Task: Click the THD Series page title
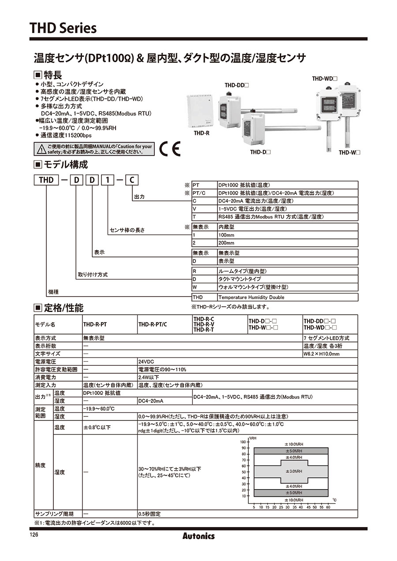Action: (x=63, y=29)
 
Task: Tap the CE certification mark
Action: (x=170, y=149)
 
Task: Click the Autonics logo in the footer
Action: (x=198, y=536)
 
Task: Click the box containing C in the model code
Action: (x=133, y=180)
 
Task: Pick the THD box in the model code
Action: (x=46, y=180)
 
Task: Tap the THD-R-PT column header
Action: (x=95, y=324)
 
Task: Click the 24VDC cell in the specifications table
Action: (x=147, y=361)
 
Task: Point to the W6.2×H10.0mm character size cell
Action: (x=322, y=353)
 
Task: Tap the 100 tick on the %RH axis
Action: (x=243, y=442)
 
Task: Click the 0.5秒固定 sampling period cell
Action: (x=150, y=514)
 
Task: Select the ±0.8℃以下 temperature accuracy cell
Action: (x=97, y=427)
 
